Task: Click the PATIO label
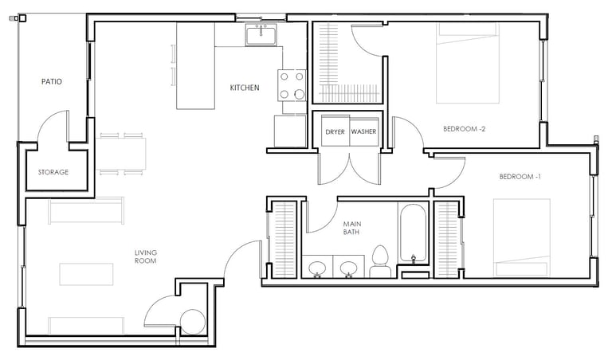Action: tap(52, 81)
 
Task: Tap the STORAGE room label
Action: tap(53, 172)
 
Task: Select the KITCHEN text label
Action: tap(245, 88)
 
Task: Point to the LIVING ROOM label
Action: tap(146, 256)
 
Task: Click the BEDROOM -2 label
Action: tap(464, 129)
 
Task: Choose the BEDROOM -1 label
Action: tap(520, 177)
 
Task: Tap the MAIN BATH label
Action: tap(351, 228)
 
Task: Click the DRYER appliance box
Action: tap(335, 131)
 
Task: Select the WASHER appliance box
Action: tap(363, 131)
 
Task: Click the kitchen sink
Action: tap(261, 34)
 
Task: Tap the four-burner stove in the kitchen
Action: tap(292, 85)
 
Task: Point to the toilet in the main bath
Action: tap(381, 262)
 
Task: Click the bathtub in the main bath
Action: tap(414, 233)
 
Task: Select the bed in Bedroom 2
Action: tap(468, 63)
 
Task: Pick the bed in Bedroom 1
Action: tap(522, 237)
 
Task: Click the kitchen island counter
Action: tap(195, 66)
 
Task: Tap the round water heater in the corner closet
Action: tap(193, 322)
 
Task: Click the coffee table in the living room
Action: tap(86, 274)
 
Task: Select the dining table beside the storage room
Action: tap(121, 154)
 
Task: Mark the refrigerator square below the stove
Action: tap(290, 131)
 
